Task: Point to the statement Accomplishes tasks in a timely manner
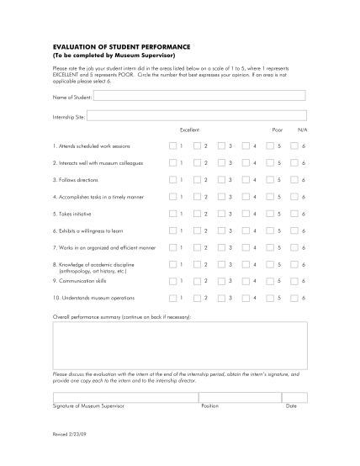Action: click(103, 197)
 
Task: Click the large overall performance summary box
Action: click(179, 346)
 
